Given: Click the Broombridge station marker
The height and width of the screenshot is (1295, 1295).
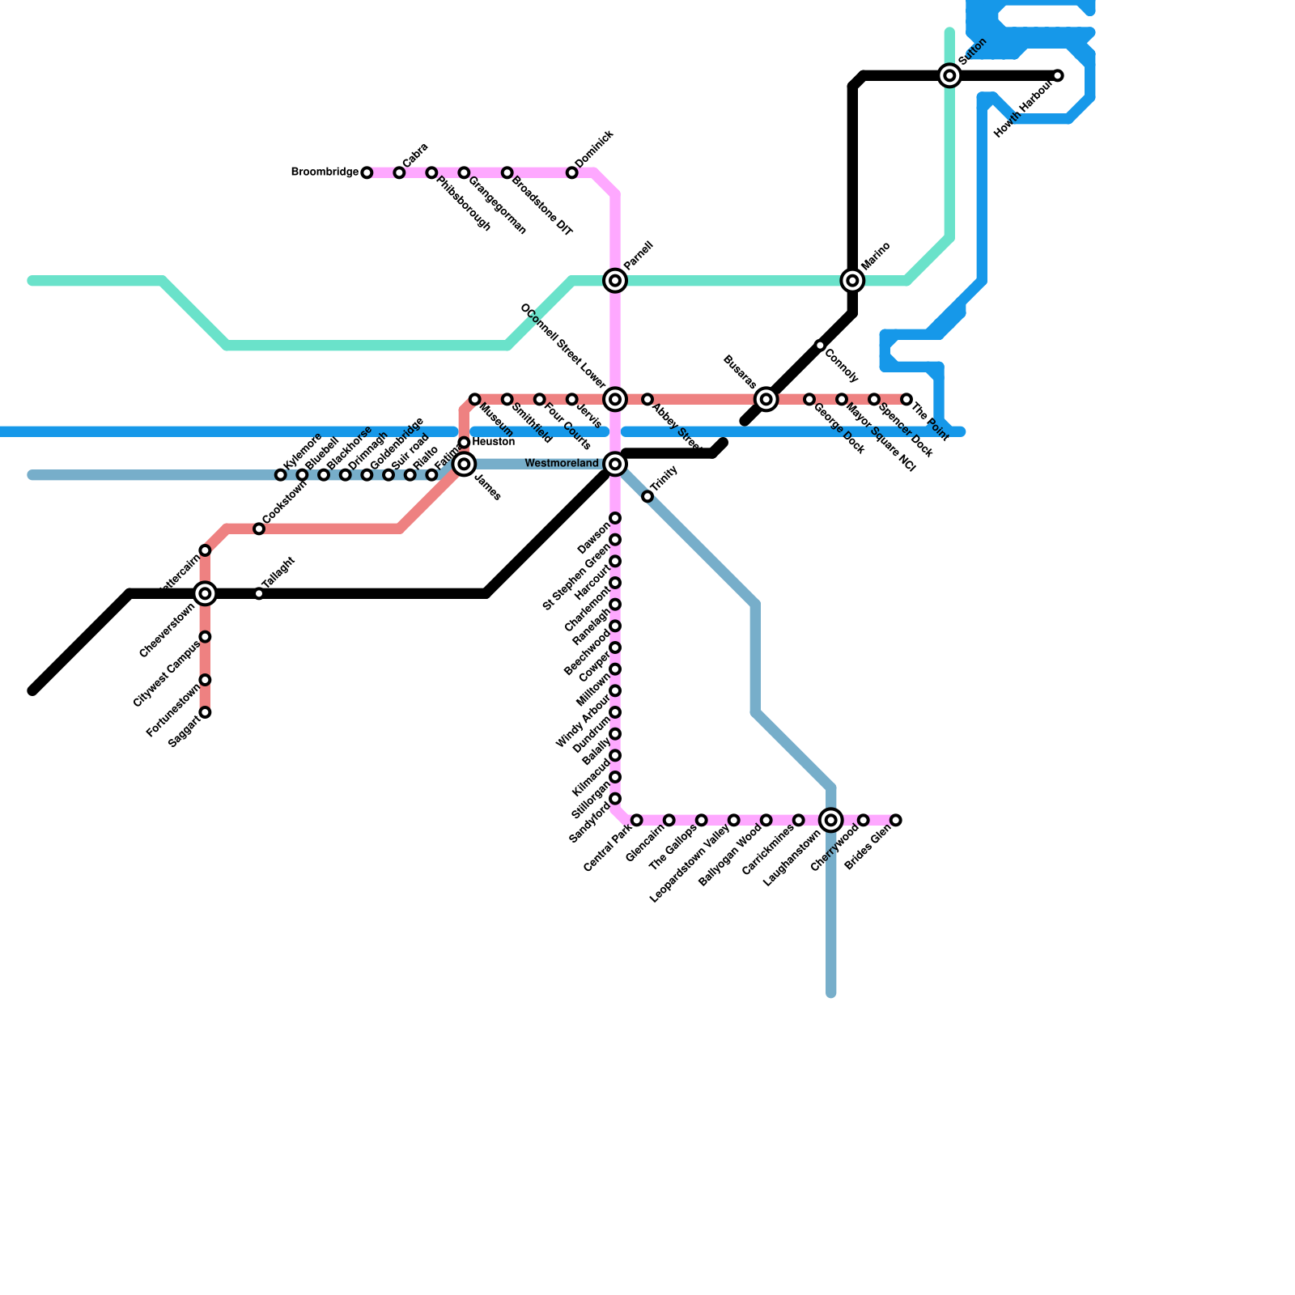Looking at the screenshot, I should pyautogui.click(x=367, y=172).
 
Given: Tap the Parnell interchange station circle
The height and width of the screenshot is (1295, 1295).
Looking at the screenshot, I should pyautogui.click(x=615, y=281).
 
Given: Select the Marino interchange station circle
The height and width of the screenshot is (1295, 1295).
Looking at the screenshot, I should pyautogui.click(x=852, y=281).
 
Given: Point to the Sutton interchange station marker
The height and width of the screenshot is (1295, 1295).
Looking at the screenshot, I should pyautogui.click(x=950, y=76).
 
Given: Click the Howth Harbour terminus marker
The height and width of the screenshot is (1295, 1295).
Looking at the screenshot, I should pyautogui.click(x=1058, y=76).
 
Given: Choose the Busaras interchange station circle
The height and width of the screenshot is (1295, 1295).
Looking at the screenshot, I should pyautogui.click(x=766, y=399).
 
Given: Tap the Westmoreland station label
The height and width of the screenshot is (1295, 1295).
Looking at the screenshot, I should pyautogui.click(x=562, y=464).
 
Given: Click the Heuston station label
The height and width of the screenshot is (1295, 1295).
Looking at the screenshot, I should pyautogui.click(x=494, y=442).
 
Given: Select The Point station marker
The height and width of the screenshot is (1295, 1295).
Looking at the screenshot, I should pyautogui.click(x=906, y=399).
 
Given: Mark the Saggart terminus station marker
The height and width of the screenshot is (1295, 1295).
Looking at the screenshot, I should pyautogui.click(x=206, y=712).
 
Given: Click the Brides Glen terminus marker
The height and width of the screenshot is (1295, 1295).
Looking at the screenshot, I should pyautogui.click(x=896, y=821).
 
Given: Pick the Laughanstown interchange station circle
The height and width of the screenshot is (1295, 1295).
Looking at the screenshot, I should pyautogui.click(x=831, y=821).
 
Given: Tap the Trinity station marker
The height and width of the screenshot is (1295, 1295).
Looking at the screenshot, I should pyautogui.click(x=647, y=496).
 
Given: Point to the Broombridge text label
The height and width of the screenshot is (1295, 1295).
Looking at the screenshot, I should pyautogui.click(x=325, y=172).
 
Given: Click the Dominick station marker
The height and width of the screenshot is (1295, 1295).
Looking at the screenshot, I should pyautogui.click(x=572, y=173).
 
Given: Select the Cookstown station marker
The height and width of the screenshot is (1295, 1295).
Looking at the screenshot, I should pyautogui.click(x=259, y=529).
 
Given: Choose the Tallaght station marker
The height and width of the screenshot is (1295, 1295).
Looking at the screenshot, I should pyautogui.click(x=259, y=594).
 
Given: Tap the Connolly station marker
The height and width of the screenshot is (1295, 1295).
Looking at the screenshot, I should pyautogui.click(x=820, y=346).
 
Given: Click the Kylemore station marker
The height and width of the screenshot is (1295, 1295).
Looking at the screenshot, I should pyautogui.click(x=281, y=475).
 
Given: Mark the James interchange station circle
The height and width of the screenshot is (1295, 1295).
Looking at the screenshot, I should pyautogui.click(x=464, y=464).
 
